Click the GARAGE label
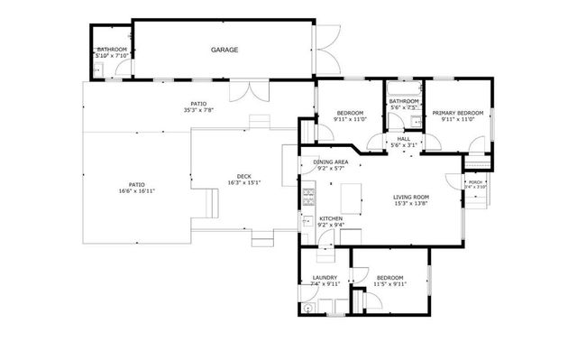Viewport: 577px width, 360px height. (x=224, y=50)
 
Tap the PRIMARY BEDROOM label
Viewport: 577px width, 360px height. (x=457, y=113)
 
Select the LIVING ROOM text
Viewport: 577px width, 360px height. (x=410, y=197)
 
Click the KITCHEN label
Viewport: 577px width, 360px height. (x=331, y=218)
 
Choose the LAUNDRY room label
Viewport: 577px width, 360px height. (x=325, y=277)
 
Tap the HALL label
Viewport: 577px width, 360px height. (x=403, y=138)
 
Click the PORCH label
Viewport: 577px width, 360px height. (x=475, y=182)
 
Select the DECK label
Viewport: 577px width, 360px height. (x=243, y=176)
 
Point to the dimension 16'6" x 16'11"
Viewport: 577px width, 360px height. (x=136, y=190)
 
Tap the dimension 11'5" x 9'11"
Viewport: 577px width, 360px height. (x=389, y=284)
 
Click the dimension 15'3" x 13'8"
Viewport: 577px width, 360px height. (x=410, y=204)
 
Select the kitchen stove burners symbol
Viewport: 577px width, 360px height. (x=307, y=193)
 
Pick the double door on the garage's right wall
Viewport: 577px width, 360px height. (x=328, y=51)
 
